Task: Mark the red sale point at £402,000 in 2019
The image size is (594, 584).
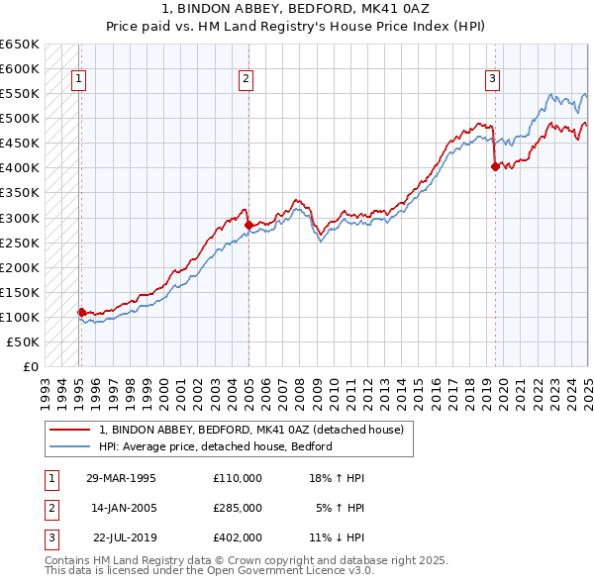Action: point(495,166)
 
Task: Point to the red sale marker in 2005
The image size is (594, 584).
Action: point(248,225)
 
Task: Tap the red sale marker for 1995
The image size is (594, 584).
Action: point(81,312)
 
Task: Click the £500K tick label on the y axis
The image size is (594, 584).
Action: point(19,119)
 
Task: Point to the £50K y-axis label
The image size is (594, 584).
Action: point(23,341)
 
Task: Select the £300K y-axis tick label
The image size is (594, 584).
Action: point(19,218)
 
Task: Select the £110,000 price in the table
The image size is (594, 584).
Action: point(238,478)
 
